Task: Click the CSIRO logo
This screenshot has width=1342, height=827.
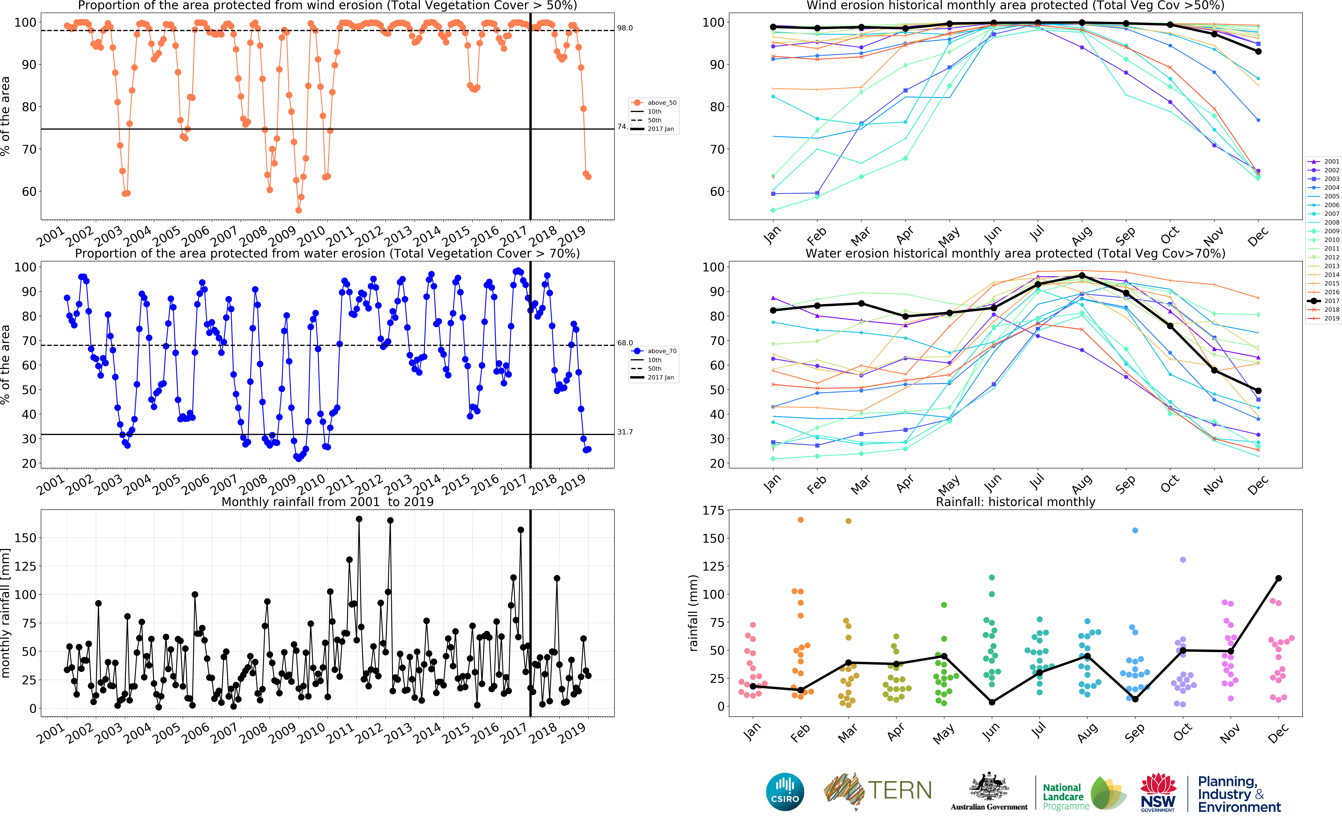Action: tap(785, 792)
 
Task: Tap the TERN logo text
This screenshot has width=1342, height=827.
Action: tap(900, 790)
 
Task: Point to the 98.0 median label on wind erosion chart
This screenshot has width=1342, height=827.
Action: tap(625, 28)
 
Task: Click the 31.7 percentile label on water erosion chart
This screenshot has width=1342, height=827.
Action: tap(625, 432)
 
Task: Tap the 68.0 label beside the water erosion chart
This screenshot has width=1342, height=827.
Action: tap(625, 343)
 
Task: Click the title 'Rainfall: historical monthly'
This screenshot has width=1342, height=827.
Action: tap(1016, 502)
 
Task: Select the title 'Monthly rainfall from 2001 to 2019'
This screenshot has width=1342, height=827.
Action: tap(327, 502)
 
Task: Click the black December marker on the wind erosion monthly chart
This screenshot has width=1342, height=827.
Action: tap(1258, 51)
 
